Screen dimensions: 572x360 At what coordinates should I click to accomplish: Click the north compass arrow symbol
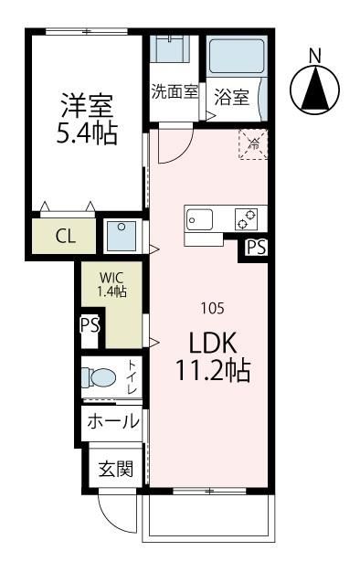click(x=314, y=90)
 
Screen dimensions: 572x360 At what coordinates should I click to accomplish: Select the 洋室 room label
click(x=86, y=103)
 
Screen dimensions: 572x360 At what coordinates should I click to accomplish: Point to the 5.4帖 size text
click(x=86, y=134)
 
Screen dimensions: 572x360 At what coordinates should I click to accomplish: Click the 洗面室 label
click(x=175, y=91)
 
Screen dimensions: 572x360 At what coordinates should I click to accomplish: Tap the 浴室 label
click(x=232, y=96)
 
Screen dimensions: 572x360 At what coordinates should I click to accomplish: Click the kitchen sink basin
click(x=200, y=219)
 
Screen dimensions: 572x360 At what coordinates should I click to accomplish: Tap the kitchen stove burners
click(x=248, y=219)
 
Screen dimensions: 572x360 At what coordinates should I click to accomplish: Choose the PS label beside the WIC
click(x=90, y=325)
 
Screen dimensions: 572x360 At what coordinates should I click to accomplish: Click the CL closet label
click(x=64, y=236)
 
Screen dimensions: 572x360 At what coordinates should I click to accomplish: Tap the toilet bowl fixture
click(x=100, y=377)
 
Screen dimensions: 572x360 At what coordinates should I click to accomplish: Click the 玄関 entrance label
click(x=116, y=470)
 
